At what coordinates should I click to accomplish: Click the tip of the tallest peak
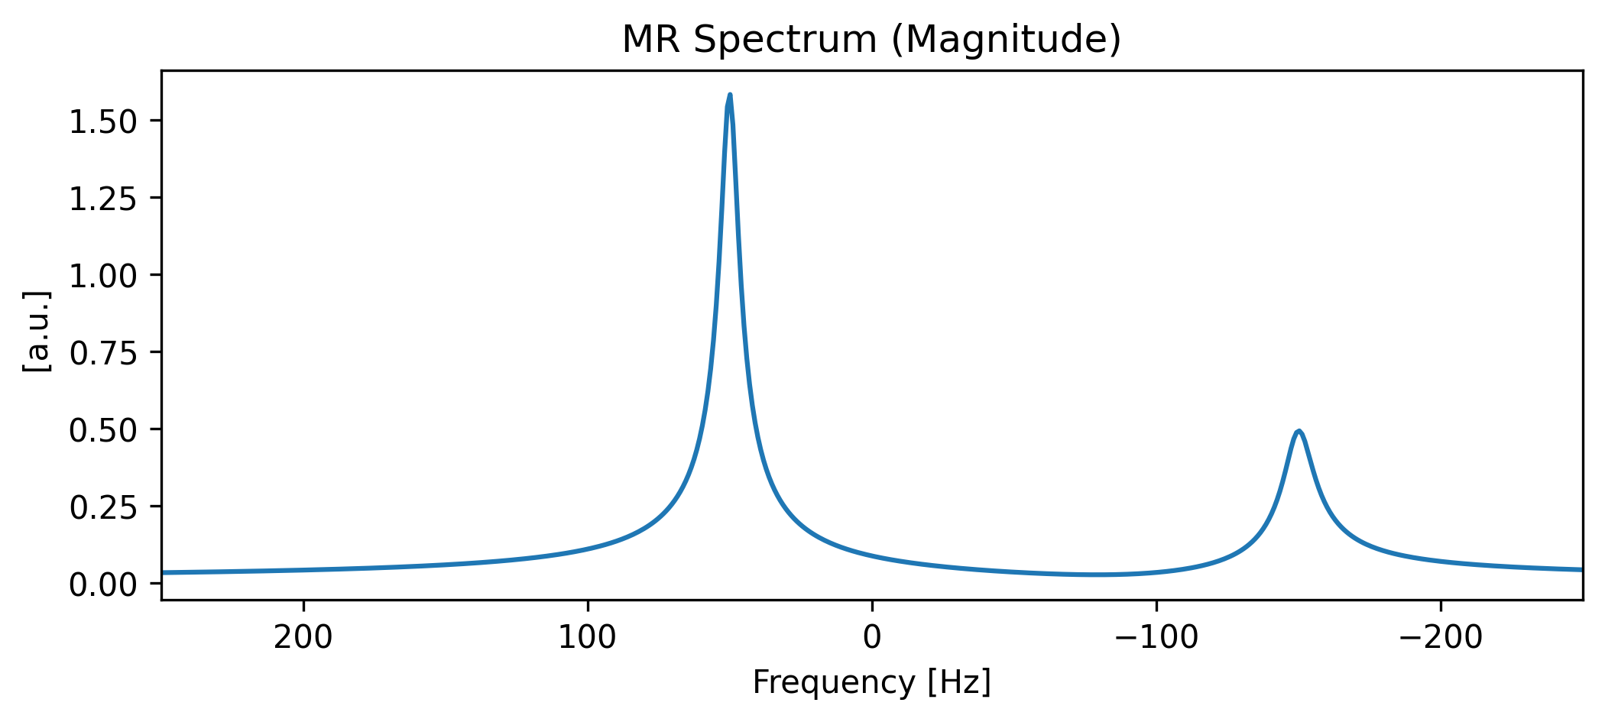[730, 96]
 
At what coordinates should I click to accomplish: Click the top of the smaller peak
[1298, 432]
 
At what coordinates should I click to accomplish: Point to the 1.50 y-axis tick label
[104, 121]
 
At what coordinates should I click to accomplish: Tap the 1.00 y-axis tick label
[104, 276]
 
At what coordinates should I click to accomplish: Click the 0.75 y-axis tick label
[104, 353]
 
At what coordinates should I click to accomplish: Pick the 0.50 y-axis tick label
[104, 431]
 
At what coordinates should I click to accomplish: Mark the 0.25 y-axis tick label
[104, 507]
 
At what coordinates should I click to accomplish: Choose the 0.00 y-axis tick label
[104, 585]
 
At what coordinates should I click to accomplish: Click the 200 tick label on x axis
[303, 637]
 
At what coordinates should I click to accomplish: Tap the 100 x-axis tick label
[588, 637]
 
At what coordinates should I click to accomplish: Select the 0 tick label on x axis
[872, 637]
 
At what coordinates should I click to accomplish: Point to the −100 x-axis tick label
[1156, 637]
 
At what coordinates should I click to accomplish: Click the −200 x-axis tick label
[1441, 637]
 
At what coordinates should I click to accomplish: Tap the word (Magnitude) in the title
[1006, 40]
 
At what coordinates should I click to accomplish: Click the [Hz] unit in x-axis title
[959, 682]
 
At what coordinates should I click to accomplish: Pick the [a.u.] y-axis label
[37, 332]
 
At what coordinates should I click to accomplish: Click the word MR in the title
[652, 40]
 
